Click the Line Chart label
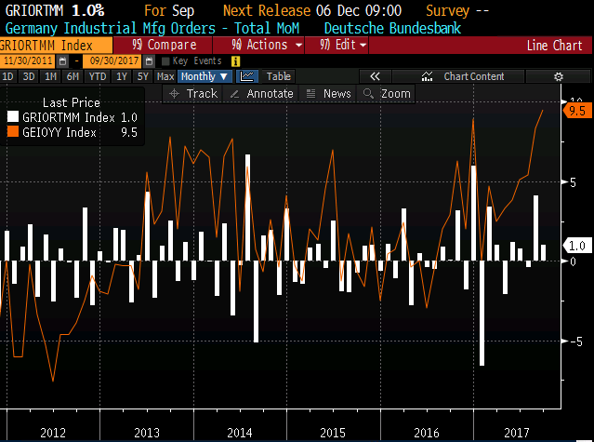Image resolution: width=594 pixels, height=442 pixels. (x=554, y=45)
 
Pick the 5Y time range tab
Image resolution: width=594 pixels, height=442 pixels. (x=141, y=76)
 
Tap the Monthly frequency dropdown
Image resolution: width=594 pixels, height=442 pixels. (x=205, y=76)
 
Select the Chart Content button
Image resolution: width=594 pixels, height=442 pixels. (x=474, y=76)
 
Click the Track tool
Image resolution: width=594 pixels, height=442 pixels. (x=194, y=93)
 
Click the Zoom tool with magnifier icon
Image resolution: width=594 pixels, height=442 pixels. (x=388, y=93)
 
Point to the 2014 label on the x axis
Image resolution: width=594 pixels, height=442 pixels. (x=239, y=433)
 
